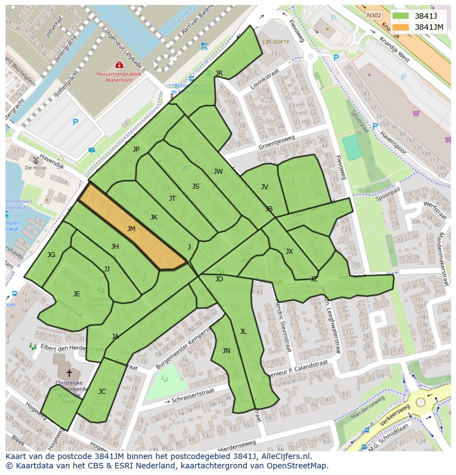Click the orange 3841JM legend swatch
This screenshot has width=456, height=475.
tap(402, 27)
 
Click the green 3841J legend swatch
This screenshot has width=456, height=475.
tap(402, 16)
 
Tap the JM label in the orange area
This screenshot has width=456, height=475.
tap(131, 229)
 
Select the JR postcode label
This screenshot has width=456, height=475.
tap(219, 73)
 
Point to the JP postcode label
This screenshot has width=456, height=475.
tap(136, 150)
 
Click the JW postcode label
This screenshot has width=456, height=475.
tap(218, 172)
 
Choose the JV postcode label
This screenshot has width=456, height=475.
tap(264, 187)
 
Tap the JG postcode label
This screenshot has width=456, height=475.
tap(51, 255)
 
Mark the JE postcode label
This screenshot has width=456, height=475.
tap(77, 294)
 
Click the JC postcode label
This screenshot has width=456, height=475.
tap(102, 392)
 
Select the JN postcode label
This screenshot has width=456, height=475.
tap(226, 351)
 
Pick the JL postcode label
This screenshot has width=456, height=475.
tap(243, 332)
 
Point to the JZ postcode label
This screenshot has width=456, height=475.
tap(313, 279)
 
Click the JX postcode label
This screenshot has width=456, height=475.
tap(289, 252)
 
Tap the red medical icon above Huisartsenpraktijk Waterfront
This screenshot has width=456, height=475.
tap(119, 65)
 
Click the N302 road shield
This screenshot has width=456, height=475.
tap(373, 16)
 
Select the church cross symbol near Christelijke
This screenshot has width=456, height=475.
tap(69, 373)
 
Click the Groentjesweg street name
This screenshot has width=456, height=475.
tap(276, 142)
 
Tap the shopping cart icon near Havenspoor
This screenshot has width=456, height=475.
tap(416, 114)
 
